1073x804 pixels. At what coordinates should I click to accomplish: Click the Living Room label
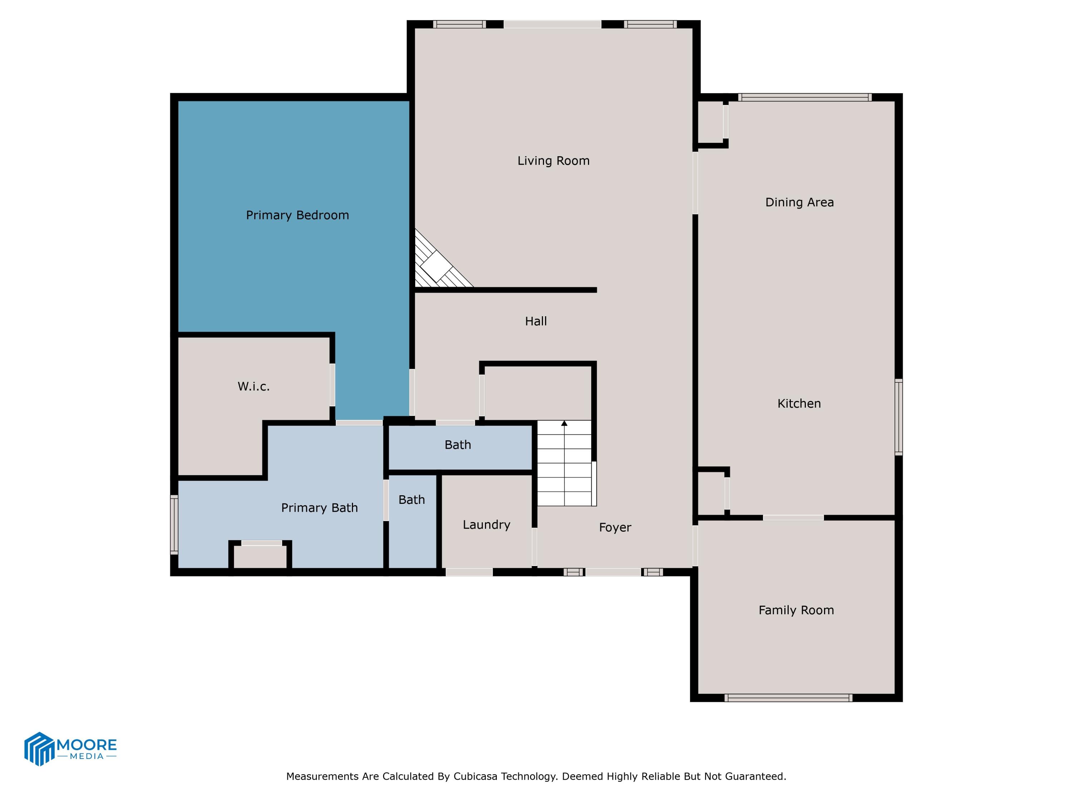553,161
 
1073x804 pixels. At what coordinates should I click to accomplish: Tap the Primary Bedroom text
297,215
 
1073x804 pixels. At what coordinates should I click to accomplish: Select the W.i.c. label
253,386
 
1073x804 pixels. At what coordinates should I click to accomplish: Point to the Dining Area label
799,203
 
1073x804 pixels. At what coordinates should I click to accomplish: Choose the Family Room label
796,610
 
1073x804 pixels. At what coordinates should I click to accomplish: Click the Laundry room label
486,525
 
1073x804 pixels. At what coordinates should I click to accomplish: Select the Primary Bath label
319,508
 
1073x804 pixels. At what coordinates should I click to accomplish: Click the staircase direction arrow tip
564,423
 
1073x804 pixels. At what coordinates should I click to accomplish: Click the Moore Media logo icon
39,749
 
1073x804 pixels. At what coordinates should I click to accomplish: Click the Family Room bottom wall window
788,698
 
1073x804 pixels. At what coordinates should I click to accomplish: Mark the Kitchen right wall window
898,417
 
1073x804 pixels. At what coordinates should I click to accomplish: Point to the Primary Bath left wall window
174,524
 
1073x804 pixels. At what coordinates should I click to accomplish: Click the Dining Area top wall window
805,98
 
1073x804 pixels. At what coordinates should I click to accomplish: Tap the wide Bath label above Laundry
457,445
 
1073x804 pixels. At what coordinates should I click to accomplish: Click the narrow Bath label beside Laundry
411,500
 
